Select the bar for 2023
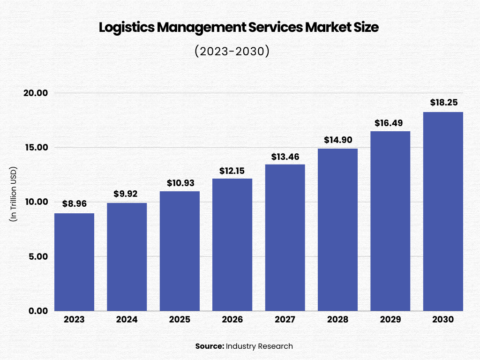pos(74,262)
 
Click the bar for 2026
pos(232,245)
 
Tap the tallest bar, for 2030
pos(443,211)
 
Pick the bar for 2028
pos(337,230)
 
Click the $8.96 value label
pos(74,204)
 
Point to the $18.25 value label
pos(443,103)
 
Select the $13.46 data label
pos(285,157)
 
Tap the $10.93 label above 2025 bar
pos(180,183)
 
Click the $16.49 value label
pos(390,123)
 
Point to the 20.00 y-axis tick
pos(36,93)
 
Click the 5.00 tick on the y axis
pos(37,257)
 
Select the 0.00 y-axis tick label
pos(37,311)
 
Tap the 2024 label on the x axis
pos(127,320)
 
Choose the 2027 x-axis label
pos(285,320)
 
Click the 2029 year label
pos(390,320)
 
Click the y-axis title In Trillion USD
pos(14,194)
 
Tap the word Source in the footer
pos(209,346)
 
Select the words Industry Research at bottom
pos(259,346)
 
